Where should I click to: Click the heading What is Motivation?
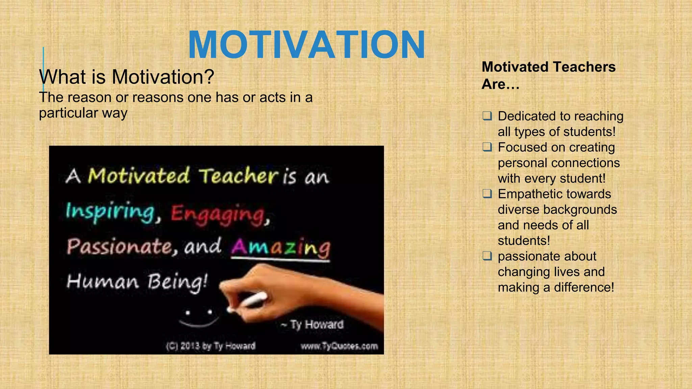pos(127,77)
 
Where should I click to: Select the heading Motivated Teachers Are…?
pos(548,75)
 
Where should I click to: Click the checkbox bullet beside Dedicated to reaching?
pos(487,116)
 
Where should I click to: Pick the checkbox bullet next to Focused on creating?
pos(487,147)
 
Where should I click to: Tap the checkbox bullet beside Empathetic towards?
pos(487,194)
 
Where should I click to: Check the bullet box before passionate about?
pos(487,256)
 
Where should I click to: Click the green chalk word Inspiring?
pos(110,212)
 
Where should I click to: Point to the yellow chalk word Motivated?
pos(139,176)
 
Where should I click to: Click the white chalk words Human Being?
pos(137,282)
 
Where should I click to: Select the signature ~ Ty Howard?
pos(313,325)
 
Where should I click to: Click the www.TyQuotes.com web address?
pos(339,346)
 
